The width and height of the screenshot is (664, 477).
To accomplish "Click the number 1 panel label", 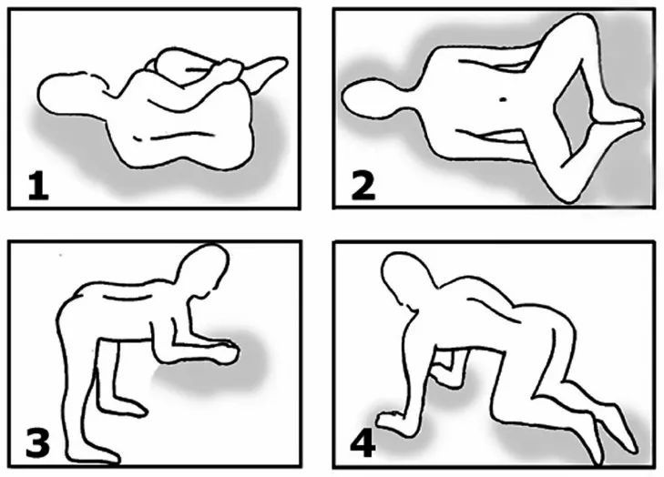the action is tap(38, 187).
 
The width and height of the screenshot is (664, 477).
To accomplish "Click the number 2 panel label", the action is tap(363, 187).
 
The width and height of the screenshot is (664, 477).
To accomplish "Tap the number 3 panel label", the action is tap(38, 442).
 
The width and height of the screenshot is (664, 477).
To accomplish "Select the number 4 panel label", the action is tap(363, 443).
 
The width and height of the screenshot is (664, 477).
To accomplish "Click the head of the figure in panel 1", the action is tap(67, 93).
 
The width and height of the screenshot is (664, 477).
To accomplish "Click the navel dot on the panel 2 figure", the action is tap(503, 99).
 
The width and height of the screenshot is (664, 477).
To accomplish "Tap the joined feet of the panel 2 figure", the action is tap(622, 121).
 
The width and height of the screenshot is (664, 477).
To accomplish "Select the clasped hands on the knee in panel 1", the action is tap(230, 70).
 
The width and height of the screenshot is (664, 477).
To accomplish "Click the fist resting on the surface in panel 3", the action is tap(224, 353).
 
